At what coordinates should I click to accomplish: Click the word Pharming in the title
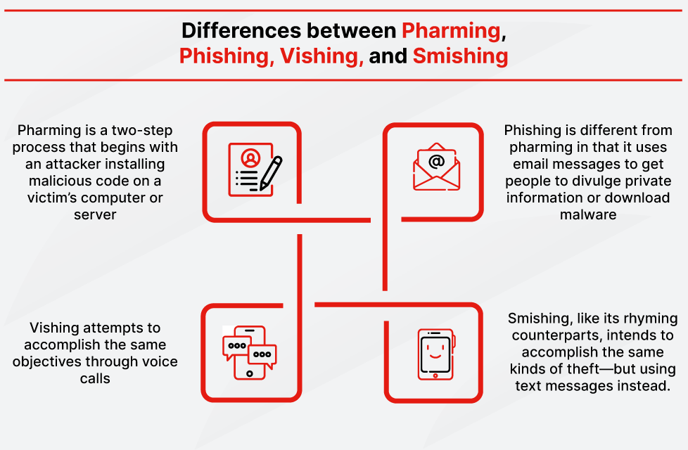(451, 31)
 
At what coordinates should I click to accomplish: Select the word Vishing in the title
(321, 56)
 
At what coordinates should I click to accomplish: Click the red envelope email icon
(436, 168)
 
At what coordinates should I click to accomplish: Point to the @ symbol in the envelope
(436, 162)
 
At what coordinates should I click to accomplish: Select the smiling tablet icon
(435, 354)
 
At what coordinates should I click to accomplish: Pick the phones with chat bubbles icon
(249, 352)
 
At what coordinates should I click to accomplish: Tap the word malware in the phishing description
(588, 214)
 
